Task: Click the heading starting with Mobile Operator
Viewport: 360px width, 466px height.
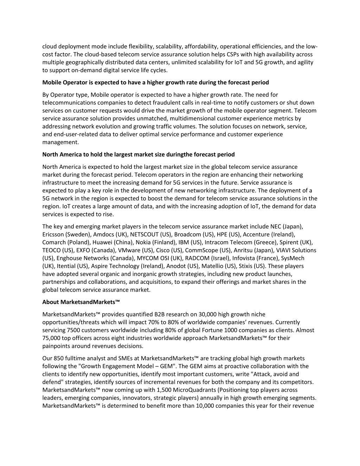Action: (x=155, y=83)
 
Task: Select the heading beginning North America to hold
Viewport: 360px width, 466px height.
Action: (x=138, y=154)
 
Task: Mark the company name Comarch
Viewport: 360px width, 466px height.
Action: (x=54, y=242)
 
